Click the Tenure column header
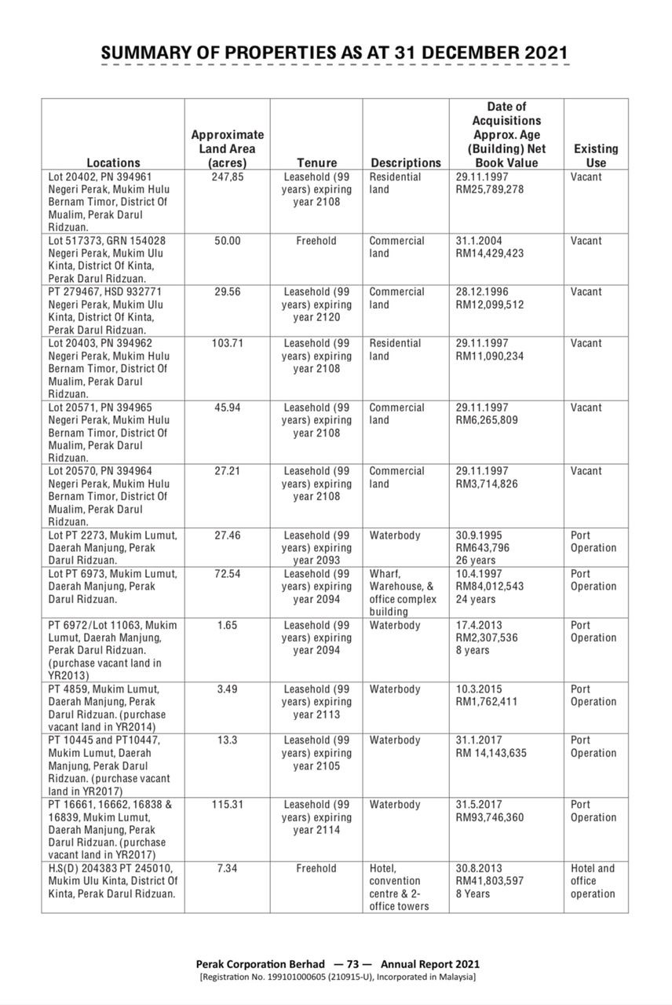pyautogui.click(x=316, y=163)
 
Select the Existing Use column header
pyautogui.click(x=596, y=155)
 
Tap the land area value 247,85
pyautogui.click(x=228, y=177)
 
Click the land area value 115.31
pyautogui.click(x=228, y=804)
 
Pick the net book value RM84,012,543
pyautogui.click(x=489, y=587)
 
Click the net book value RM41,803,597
pyautogui.click(x=489, y=881)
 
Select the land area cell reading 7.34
pyautogui.click(x=228, y=868)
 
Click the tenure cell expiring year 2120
pyautogui.click(x=316, y=304)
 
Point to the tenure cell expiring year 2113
pyautogui.click(x=316, y=702)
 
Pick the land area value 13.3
pyautogui.click(x=228, y=740)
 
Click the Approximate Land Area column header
pyautogui.click(x=228, y=148)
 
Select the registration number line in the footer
pyautogui.click(x=338, y=978)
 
